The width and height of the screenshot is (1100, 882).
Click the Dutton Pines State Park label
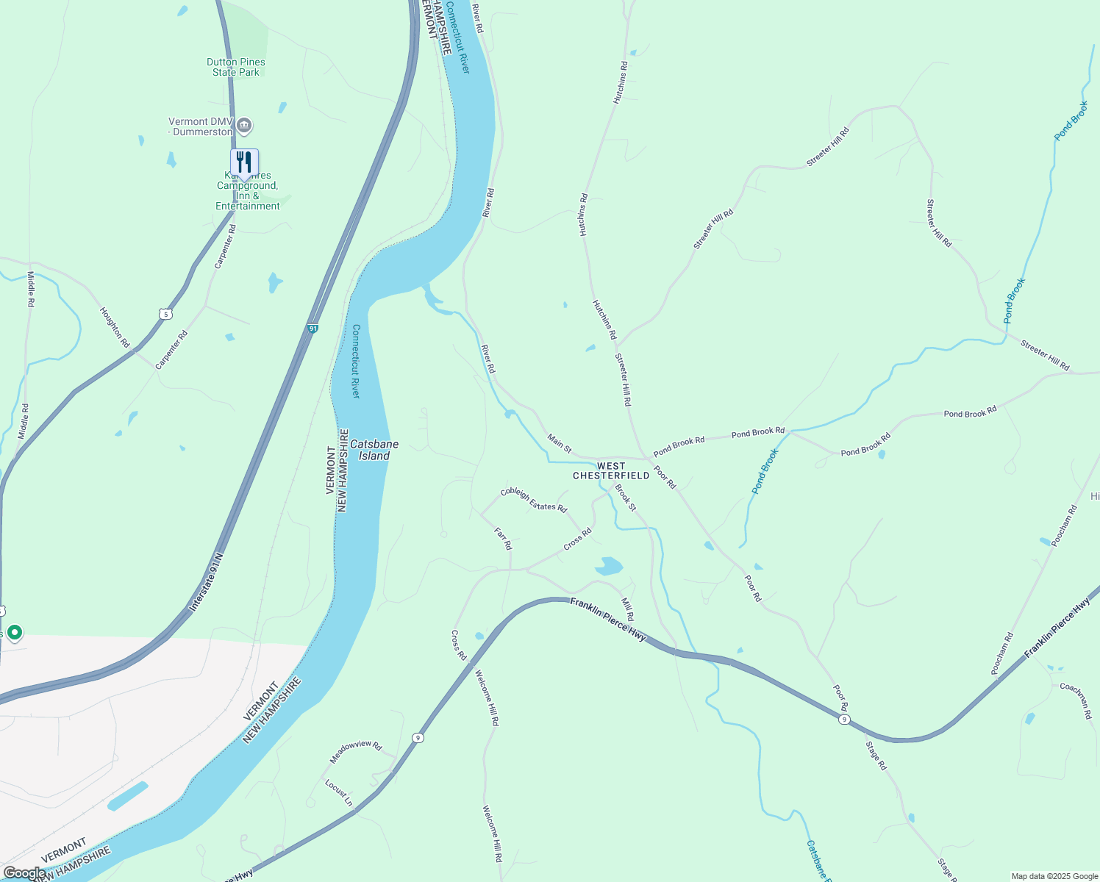(236, 67)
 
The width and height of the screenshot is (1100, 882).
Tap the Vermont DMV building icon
(245, 126)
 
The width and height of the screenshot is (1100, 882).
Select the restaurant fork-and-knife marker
(244, 162)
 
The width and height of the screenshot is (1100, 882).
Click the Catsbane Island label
(374, 450)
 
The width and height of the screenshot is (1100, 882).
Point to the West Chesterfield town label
(611, 470)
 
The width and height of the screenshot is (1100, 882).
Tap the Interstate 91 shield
(312, 329)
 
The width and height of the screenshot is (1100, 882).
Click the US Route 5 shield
(165, 315)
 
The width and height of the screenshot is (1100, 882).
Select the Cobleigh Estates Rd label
(534, 500)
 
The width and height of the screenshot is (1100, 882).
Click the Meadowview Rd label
(356, 750)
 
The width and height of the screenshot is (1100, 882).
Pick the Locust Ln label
(339, 792)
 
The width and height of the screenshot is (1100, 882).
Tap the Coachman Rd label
(1076, 700)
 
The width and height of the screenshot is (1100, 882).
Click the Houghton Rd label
(115, 327)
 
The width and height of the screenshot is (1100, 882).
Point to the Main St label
(560, 442)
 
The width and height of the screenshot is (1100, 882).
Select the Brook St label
(626, 498)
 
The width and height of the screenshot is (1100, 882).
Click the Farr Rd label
(503, 538)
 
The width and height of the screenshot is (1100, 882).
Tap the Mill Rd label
(627, 609)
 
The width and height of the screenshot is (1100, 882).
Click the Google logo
(24, 873)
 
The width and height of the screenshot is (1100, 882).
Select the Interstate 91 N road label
(205, 584)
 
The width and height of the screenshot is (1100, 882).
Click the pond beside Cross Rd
(609, 566)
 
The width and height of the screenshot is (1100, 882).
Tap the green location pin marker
(14, 632)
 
